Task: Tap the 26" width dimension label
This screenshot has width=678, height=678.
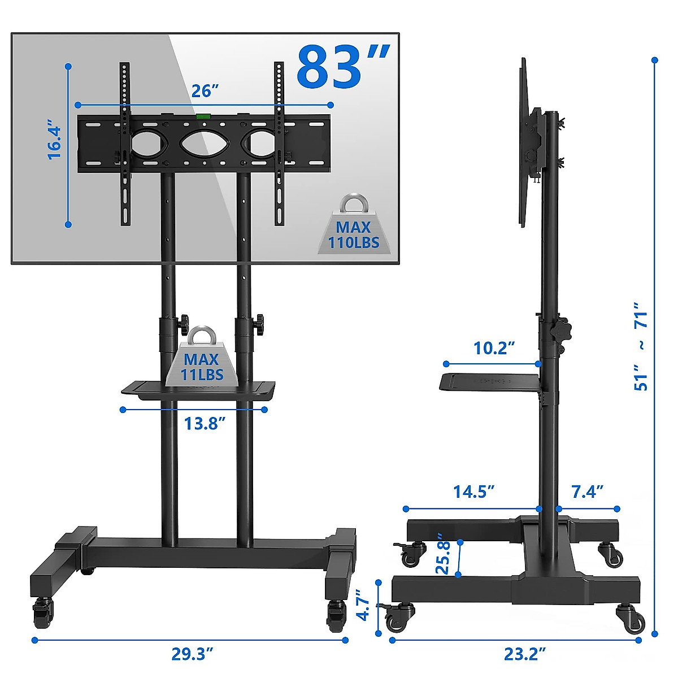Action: [x=204, y=91]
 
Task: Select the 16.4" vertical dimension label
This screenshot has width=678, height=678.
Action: [x=54, y=139]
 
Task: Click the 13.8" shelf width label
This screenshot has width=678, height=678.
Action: [x=205, y=423]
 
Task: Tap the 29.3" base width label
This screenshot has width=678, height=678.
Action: [x=192, y=654]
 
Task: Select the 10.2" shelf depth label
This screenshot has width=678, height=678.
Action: [x=494, y=348]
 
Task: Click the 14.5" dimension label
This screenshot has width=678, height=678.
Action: [x=473, y=492]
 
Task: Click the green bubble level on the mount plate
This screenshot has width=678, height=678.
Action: [x=203, y=117]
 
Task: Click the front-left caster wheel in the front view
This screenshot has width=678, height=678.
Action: [x=42, y=613]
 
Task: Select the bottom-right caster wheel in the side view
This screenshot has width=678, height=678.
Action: [x=632, y=618]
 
